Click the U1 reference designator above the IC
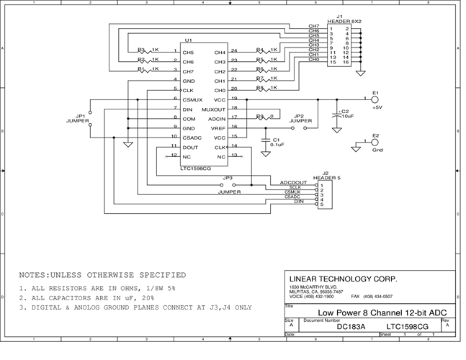pos(188,40)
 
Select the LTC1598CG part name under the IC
pos(195,168)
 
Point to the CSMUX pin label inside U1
pos(192,99)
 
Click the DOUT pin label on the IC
pos(189,146)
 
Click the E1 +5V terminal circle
pos(375,99)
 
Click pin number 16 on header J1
pos(347,63)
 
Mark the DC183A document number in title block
pos(351,327)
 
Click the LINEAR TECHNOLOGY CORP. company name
pos(343,279)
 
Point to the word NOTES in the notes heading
pos(35,275)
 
